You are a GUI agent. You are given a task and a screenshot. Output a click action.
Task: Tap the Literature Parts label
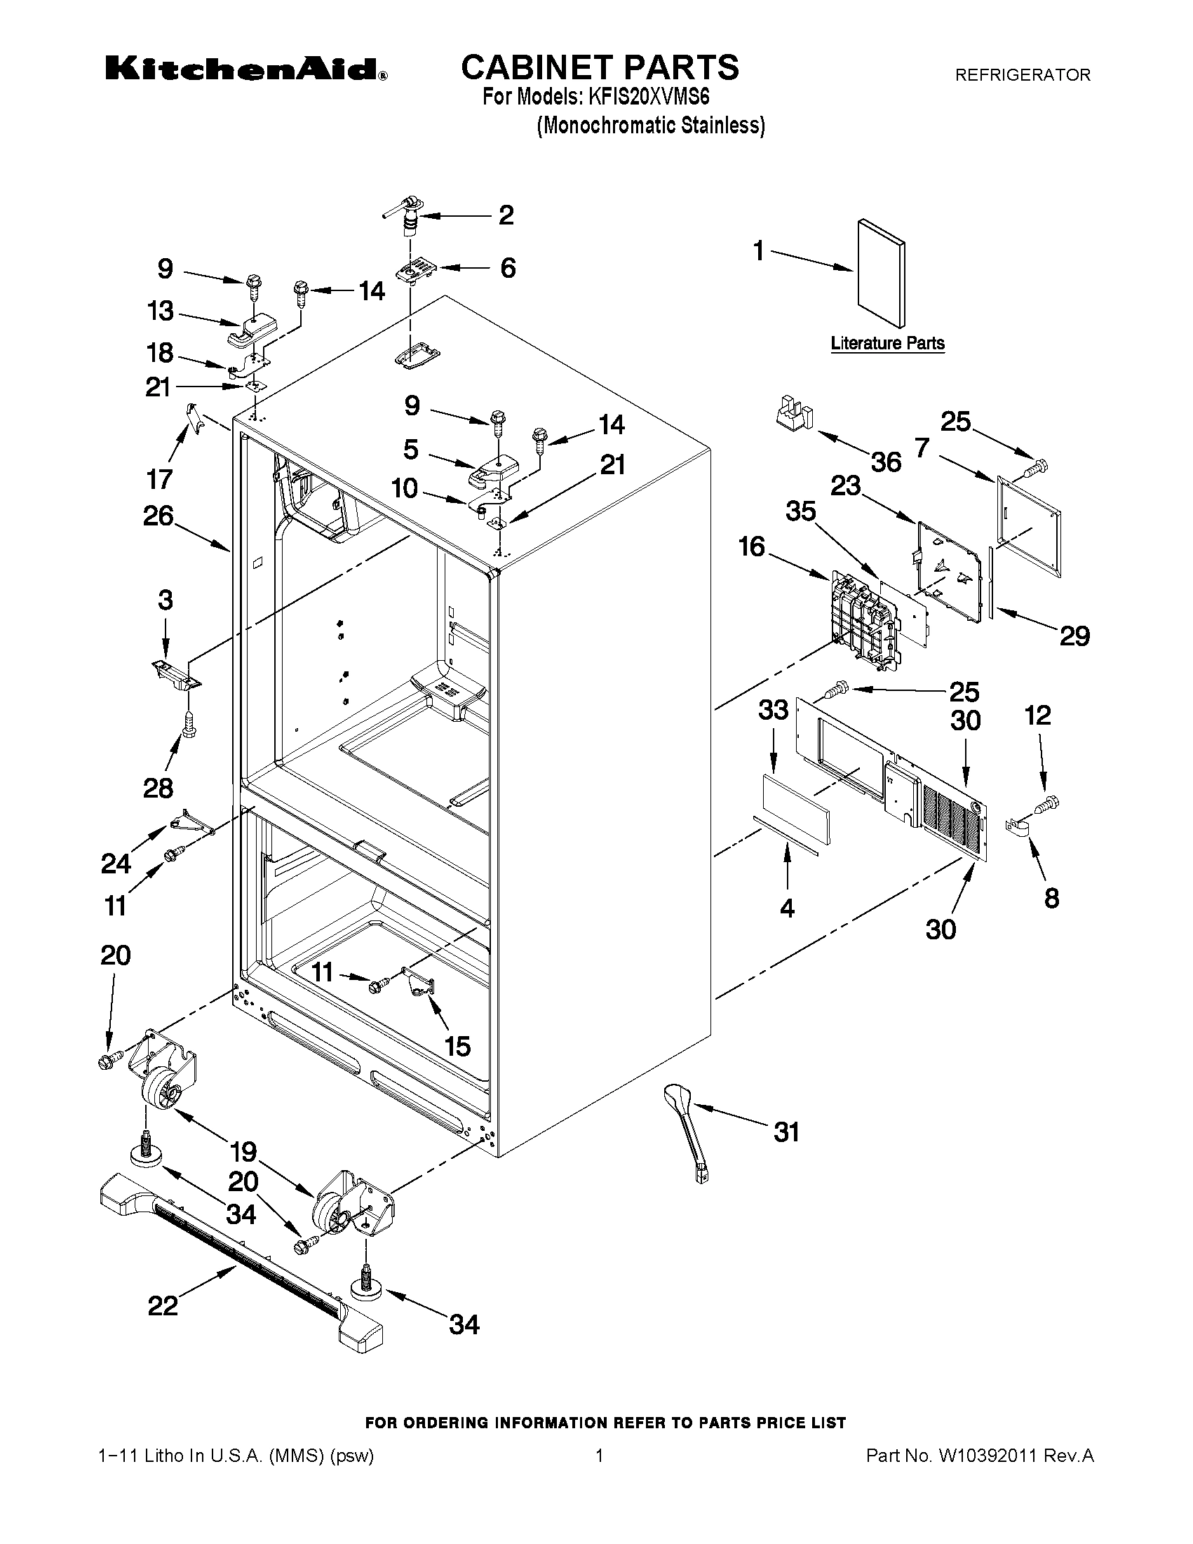(887, 344)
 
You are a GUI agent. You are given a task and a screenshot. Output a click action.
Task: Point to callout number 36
(886, 462)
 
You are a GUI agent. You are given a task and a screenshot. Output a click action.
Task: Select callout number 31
(786, 1132)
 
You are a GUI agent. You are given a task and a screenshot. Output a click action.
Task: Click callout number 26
(159, 516)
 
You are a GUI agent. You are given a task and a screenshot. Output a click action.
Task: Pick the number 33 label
(772, 709)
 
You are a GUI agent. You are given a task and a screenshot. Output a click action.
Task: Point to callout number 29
(1074, 636)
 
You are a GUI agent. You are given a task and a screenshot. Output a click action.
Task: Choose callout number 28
(158, 788)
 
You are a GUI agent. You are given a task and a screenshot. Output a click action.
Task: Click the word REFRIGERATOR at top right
(1022, 75)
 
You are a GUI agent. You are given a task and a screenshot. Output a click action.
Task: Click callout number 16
(752, 546)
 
